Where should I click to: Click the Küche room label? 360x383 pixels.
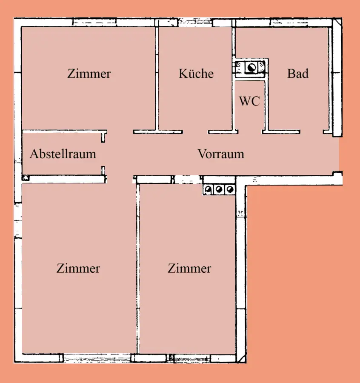point(196,74)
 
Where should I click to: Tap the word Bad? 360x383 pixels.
point(297,74)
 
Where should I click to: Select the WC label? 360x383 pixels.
point(249,102)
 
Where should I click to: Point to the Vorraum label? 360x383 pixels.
point(221,154)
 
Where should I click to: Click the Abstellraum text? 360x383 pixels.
point(63,154)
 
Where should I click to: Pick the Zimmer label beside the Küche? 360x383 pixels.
point(89,74)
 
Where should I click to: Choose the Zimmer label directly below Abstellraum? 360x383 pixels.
point(78,269)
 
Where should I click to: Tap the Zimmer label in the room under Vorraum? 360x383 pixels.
point(189,269)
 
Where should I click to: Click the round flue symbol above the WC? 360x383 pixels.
point(251,67)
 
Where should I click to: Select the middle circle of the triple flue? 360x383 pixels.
point(219,189)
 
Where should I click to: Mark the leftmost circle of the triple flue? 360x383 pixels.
point(209,189)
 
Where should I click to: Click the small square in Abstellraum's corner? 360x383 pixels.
point(25,177)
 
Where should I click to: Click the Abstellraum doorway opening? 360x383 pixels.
point(103,154)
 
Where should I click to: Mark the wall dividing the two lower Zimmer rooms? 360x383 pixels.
point(137,268)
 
